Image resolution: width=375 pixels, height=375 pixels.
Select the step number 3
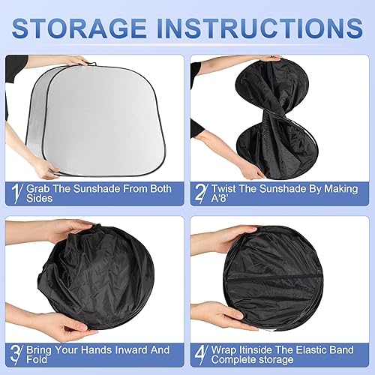(16, 353)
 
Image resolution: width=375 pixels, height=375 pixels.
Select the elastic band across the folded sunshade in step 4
(281, 276)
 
